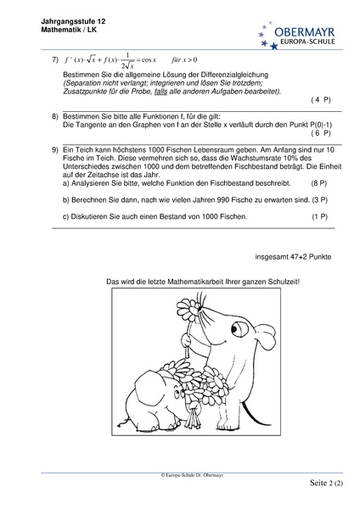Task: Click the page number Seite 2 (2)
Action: coord(327,484)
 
